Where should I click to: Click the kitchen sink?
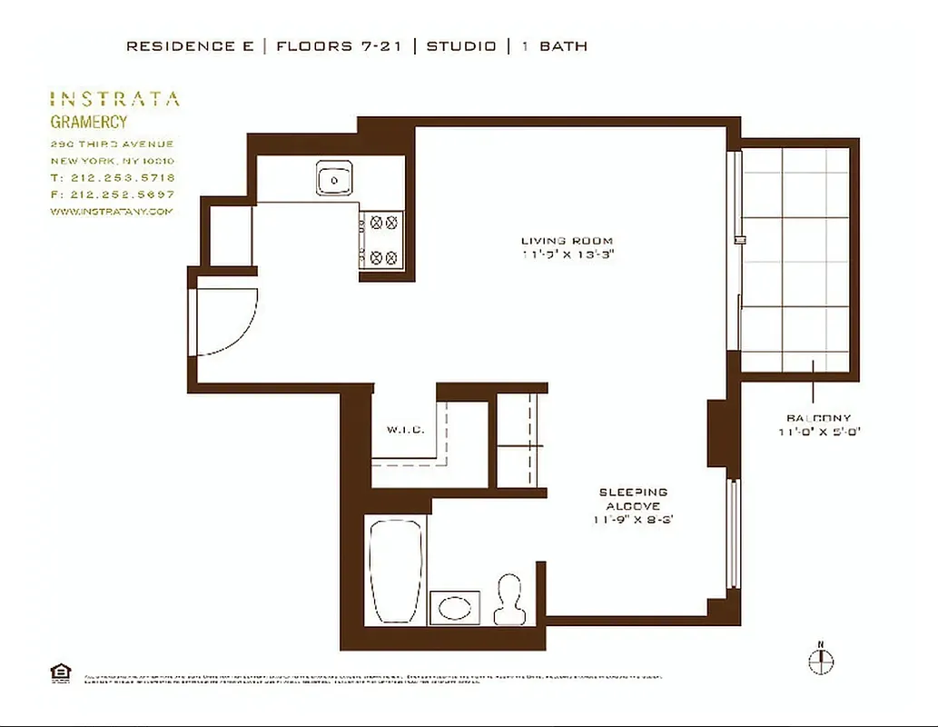335,180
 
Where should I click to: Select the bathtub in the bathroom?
396,571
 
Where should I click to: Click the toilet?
508,600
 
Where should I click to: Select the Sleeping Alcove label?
633,499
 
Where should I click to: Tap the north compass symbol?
820,661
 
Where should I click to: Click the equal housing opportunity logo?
60,672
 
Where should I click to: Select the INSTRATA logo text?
114,99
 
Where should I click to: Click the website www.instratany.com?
111,212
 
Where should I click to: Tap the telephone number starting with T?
113,178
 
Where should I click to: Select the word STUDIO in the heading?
462,45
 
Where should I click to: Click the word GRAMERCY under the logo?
88,122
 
